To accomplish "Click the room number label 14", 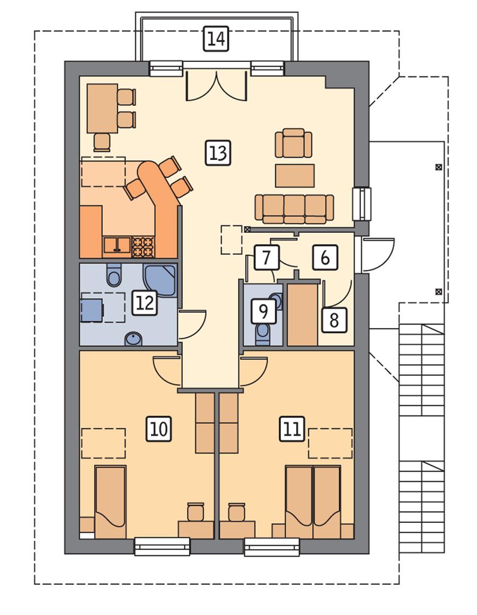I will click(x=216, y=40).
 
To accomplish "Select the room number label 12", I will click(x=144, y=303).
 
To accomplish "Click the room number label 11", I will click(x=291, y=428).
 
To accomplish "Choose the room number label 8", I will click(x=334, y=320).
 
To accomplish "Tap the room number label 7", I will click(x=267, y=258).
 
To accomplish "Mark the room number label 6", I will click(x=325, y=258).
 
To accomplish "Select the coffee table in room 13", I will click(x=295, y=176).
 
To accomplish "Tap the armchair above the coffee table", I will click(x=293, y=143).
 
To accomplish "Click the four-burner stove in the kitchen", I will click(x=143, y=245).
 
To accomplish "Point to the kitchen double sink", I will click(x=117, y=245).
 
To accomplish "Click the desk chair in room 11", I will click(x=236, y=512).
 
